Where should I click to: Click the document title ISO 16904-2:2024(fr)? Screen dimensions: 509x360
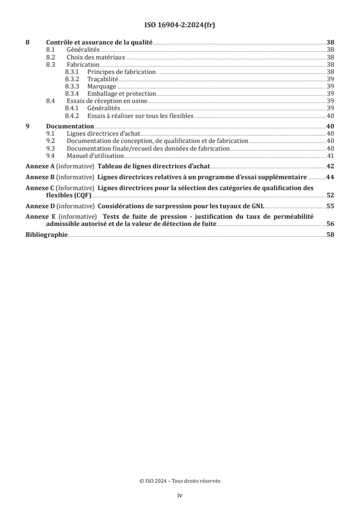click(180, 25)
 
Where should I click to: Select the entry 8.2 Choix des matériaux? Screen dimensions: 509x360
click(96, 58)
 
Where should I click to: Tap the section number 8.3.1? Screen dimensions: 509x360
click(73, 72)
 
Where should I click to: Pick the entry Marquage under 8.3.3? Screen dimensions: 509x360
click(102, 86)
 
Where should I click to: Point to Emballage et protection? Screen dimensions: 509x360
click(121, 93)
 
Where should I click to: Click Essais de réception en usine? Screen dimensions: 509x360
click(107, 101)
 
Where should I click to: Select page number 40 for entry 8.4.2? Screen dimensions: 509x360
click(330, 115)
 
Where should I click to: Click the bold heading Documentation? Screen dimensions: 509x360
click(70, 126)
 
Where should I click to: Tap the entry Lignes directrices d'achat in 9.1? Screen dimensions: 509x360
click(103, 134)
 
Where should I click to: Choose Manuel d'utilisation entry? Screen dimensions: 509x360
click(95, 156)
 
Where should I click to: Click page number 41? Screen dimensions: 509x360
click(330, 156)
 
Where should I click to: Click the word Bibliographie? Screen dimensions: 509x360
click(46, 235)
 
